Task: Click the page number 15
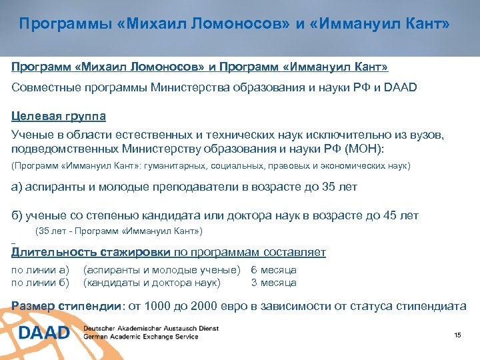(457, 335)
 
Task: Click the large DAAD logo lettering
(44, 332)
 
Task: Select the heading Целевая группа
(59, 115)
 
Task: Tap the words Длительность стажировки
(92, 252)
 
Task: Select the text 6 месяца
(273, 270)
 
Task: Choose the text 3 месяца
(273, 283)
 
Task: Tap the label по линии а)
(41, 270)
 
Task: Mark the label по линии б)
(41, 283)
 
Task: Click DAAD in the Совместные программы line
(400, 87)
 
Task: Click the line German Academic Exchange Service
(141, 337)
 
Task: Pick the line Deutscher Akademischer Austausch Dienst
(151, 328)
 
